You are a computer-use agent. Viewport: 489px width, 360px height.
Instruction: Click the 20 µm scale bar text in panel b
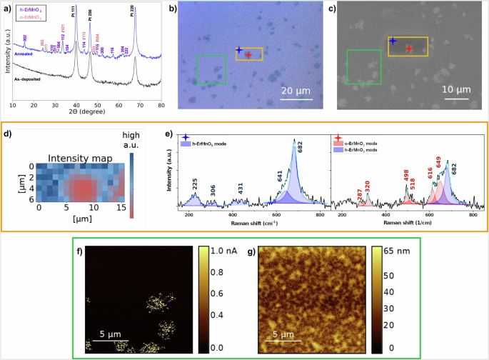pyautogui.click(x=295, y=91)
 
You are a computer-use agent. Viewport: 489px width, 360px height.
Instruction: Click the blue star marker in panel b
pyautogui.click(x=238, y=50)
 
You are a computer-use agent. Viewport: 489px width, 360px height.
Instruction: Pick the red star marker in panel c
pyautogui.click(x=409, y=49)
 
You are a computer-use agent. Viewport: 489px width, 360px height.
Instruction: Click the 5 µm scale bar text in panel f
pyautogui.click(x=113, y=333)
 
